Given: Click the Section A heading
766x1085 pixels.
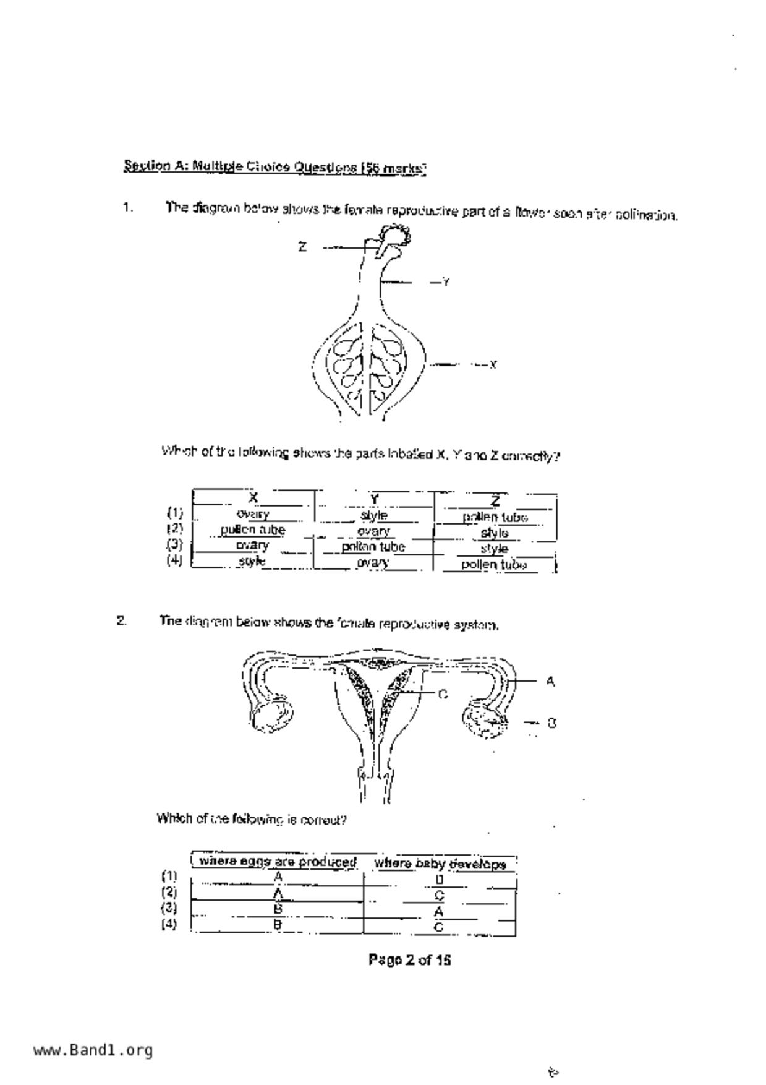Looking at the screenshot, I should (275, 167).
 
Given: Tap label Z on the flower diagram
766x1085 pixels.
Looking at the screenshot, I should (302, 247).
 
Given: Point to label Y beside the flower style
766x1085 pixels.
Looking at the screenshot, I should (446, 283).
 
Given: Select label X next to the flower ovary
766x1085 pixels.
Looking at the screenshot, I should (493, 365).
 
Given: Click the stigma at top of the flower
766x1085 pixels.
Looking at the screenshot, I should (396, 235).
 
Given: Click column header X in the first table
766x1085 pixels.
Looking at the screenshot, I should (253, 497).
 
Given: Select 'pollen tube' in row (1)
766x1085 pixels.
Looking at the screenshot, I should (495, 517).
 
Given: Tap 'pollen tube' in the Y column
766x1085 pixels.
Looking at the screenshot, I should (373, 547).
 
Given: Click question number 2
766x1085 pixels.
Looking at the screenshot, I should (122, 620).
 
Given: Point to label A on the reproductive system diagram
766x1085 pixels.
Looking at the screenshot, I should (550, 681).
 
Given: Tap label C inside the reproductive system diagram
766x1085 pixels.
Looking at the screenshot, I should (443, 695).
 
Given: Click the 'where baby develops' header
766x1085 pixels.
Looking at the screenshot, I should (440, 864).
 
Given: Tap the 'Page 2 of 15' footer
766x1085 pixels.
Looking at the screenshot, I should (409, 959).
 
